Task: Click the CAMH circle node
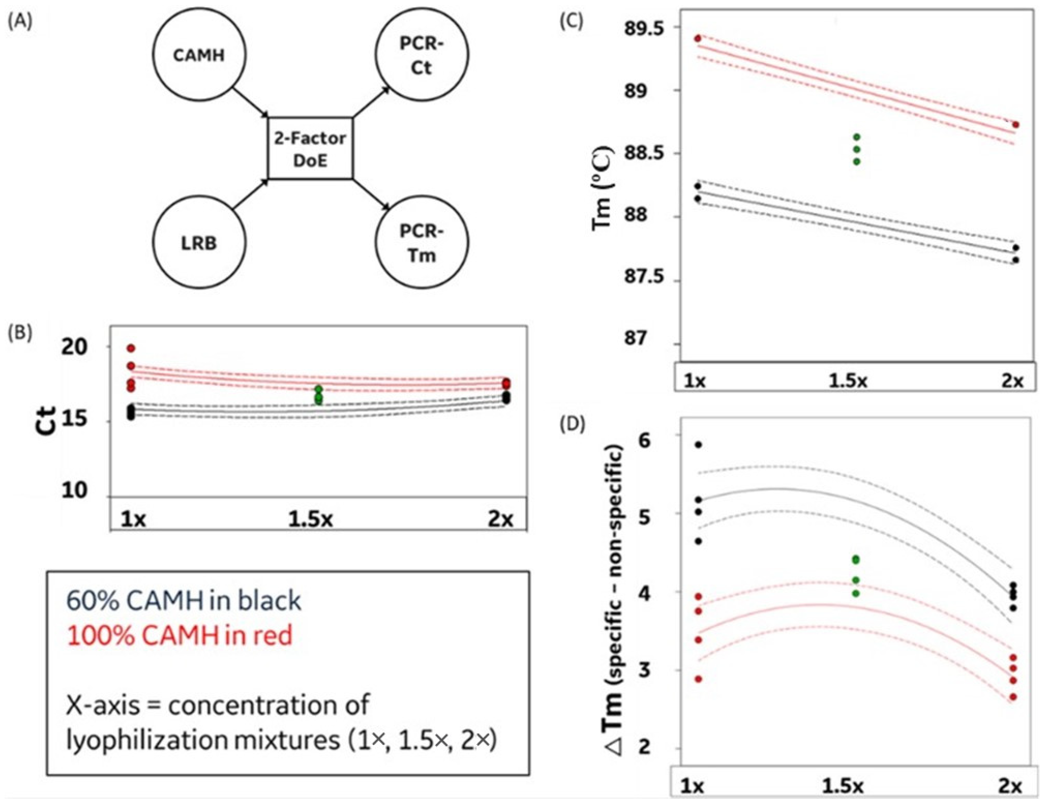[x=199, y=55]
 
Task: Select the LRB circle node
[x=199, y=243]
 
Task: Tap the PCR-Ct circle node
[x=421, y=55]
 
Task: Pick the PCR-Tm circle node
[x=421, y=243]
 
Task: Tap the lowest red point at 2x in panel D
[x=1013, y=697]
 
